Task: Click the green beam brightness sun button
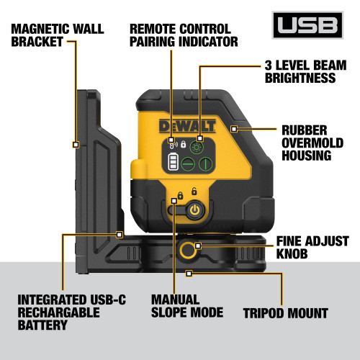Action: (199, 145)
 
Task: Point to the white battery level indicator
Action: (172, 164)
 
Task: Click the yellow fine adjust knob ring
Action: (189, 251)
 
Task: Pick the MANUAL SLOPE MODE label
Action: (186, 305)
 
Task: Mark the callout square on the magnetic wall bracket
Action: (76, 144)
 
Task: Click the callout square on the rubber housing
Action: (234, 130)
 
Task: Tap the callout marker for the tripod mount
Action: (210, 273)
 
